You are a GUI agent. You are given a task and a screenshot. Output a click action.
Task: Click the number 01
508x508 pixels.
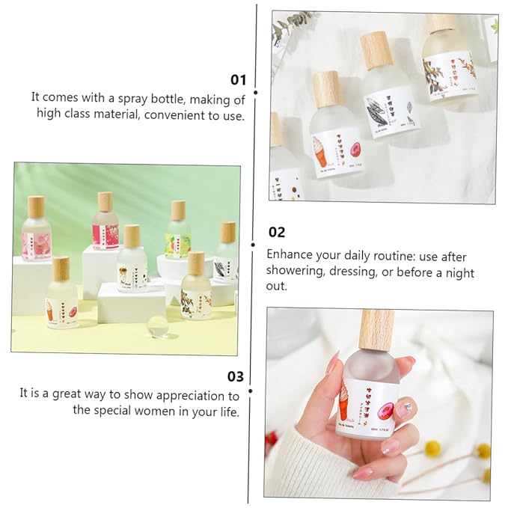click(238, 79)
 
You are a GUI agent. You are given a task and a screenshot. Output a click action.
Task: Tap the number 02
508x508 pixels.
click(276, 233)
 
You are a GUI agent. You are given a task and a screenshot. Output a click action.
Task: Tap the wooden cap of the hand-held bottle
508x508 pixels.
click(376, 329)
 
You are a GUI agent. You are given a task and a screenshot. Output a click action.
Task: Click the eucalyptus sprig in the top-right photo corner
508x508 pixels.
click(288, 26)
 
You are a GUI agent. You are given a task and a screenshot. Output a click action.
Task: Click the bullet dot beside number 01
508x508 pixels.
click(255, 93)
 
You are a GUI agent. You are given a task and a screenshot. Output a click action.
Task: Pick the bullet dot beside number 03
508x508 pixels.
click(250, 390)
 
